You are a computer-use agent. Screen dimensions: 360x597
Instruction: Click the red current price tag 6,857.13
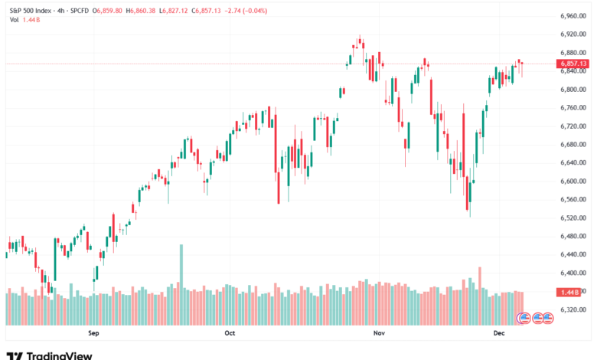tap(573, 64)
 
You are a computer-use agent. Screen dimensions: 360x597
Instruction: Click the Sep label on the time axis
tap(94, 333)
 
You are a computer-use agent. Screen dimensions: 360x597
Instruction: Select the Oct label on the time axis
tap(230, 333)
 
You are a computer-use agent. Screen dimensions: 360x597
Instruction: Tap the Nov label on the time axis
tap(377, 333)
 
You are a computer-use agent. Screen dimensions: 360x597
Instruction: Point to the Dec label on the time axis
tap(498, 333)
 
